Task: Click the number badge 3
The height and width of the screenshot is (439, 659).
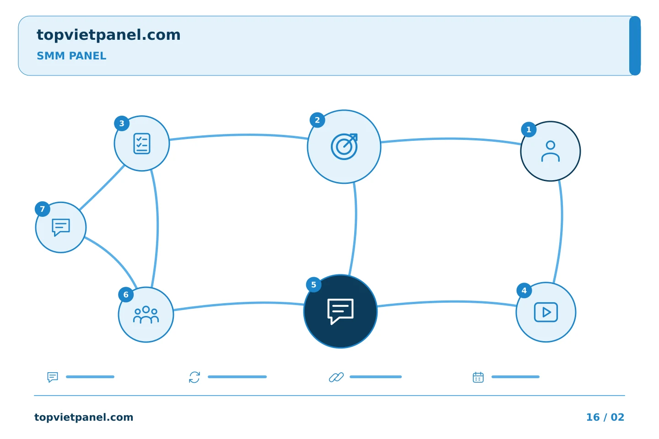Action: [122, 123]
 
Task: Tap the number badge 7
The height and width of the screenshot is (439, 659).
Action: [43, 209]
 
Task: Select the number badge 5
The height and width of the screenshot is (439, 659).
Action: [313, 284]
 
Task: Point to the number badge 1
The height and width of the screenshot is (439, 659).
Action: [529, 130]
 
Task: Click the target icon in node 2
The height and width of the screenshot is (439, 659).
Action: [344, 146]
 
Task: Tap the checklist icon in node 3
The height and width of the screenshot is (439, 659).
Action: [142, 144]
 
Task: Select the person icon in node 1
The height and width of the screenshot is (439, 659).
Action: [551, 151]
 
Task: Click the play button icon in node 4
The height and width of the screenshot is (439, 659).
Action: [546, 312]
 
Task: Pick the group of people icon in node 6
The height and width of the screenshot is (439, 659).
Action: [146, 315]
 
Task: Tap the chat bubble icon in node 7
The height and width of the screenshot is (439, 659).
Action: [61, 227]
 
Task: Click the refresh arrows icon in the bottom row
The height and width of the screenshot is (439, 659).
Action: [194, 377]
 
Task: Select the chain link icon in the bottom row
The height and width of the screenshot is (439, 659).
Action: [336, 377]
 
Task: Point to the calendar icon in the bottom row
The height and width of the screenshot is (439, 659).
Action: [478, 377]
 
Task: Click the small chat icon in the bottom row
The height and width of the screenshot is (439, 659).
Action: [53, 377]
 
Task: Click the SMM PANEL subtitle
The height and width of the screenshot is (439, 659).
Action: [71, 56]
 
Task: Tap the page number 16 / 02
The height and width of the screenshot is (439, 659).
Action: [605, 417]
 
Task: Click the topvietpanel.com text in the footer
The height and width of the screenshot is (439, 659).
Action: [84, 417]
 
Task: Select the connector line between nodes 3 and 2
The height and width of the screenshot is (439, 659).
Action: [238, 135]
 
